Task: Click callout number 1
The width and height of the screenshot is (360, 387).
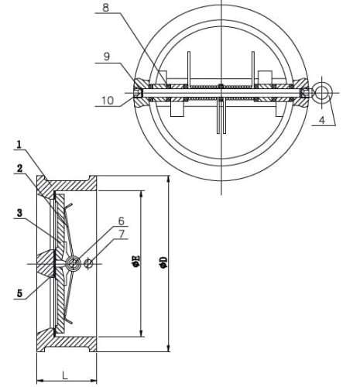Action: [18, 145]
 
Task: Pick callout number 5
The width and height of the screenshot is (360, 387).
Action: [18, 292]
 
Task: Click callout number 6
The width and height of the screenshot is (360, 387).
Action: [122, 220]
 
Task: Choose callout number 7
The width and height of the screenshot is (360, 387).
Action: [122, 234]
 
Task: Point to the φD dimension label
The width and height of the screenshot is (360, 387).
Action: [163, 264]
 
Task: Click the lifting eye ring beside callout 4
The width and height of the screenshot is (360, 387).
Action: [322, 93]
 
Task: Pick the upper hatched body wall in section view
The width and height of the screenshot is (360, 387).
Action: [70, 186]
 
